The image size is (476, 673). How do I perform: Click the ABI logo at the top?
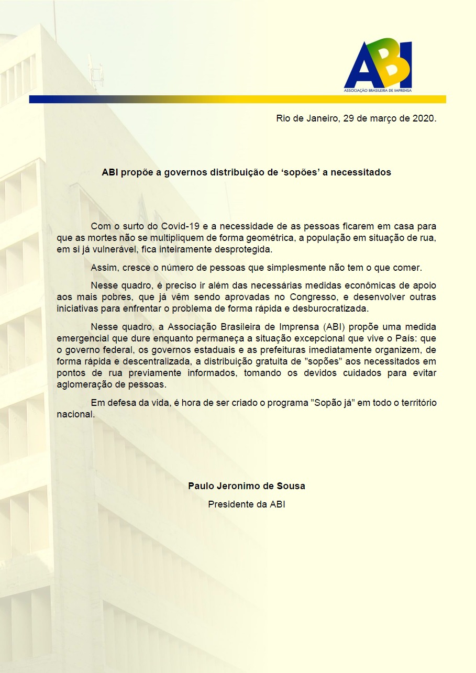click(x=378, y=64)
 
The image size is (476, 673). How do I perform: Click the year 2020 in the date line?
click(x=424, y=118)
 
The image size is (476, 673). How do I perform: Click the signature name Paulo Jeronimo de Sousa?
click(x=247, y=486)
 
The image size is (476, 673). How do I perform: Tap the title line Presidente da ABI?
click(x=247, y=504)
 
